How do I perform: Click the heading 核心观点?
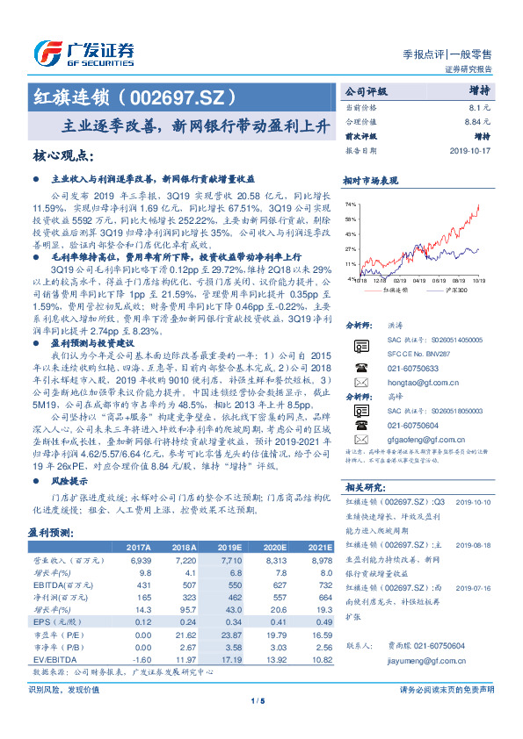tap(62, 156)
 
